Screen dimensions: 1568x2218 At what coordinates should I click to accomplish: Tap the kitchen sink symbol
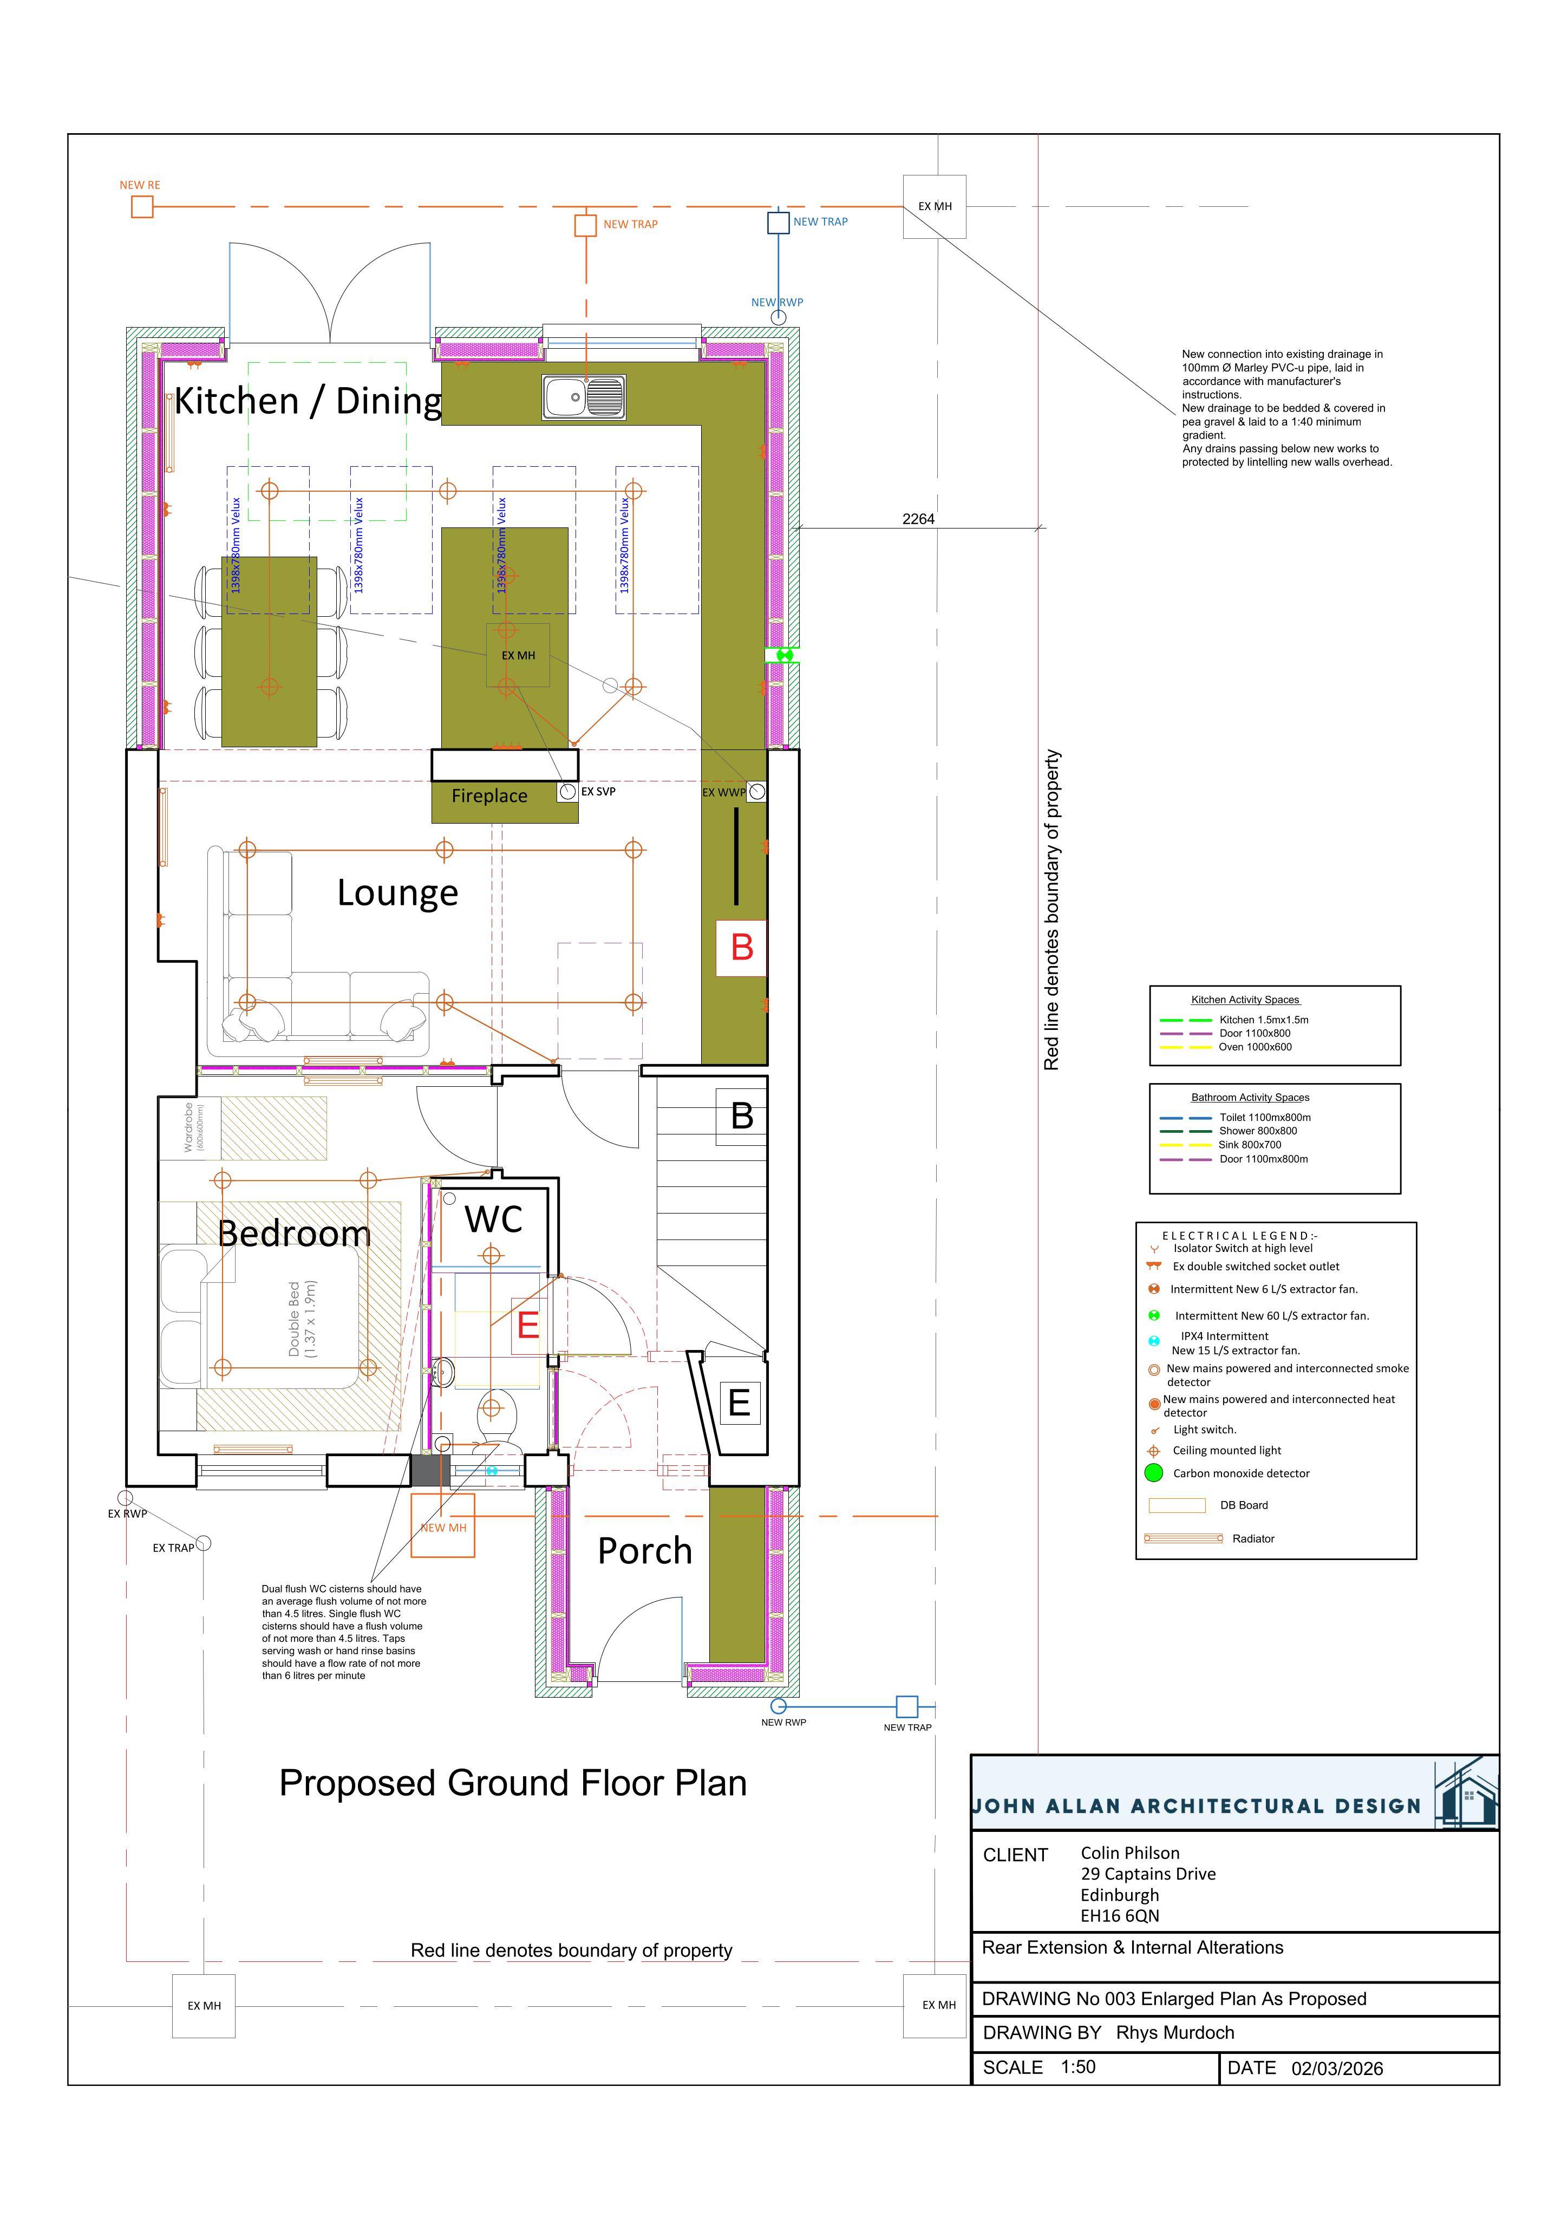[584, 397]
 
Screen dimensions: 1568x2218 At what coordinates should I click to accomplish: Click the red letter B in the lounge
[742, 948]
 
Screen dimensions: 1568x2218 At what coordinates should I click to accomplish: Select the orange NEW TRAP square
[585, 225]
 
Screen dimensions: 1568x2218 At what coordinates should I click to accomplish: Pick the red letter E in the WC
[527, 1325]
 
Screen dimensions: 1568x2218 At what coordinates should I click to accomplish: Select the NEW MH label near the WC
[443, 1527]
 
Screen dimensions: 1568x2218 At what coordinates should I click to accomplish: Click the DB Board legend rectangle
[1177, 1505]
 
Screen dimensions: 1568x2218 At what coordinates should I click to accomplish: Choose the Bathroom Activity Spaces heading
[1250, 1098]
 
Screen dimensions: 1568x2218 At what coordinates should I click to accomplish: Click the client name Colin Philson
[1129, 1853]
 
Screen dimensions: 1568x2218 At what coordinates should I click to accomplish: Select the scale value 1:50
[1077, 2067]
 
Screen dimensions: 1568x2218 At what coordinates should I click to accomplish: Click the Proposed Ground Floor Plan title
[513, 1783]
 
